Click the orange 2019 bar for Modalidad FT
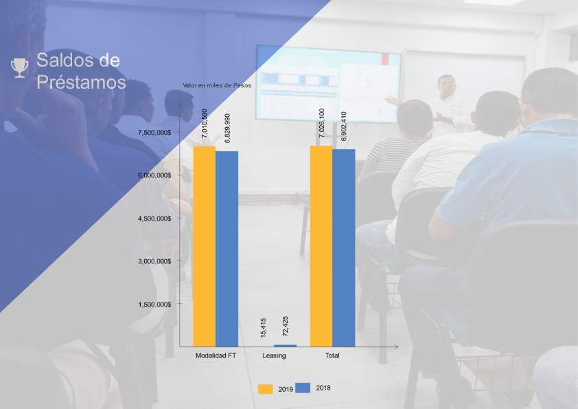pyautogui.click(x=205, y=247)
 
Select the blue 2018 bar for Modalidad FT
pyautogui.click(x=227, y=249)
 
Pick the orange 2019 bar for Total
pyautogui.click(x=321, y=246)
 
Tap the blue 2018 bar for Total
pyautogui.click(x=343, y=248)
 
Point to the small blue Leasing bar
pyautogui.click(x=286, y=346)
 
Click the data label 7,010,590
pyautogui.click(x=205, y=123)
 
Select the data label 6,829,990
pyautogui.click(x=227, y=128)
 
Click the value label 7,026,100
pyautogui.click(x=321, y=123)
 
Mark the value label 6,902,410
pyautogui.click(x=343, y=126)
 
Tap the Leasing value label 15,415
pyautogui.click(x=263, y=328)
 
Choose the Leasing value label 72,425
pyautogui.click(x=286, y=327)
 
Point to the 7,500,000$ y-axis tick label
pyautogui.click(x=154, y=132)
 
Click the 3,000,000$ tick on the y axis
pyautogui.click(x=154, y=261)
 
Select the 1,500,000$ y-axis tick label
pyautogui.click(x=154, y=305)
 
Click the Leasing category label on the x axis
pyautogui.click(x=274, y=355)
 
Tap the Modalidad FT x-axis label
pyautogui.click(x=216, y=355)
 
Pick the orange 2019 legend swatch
pyautogui.click(x=266, y=389)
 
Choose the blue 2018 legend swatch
pyautogui.click(x=303, y=388)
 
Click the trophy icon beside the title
pyautogui.click(x=19, y=68)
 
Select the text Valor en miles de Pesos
pyautogui.click(x=217, y=85)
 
